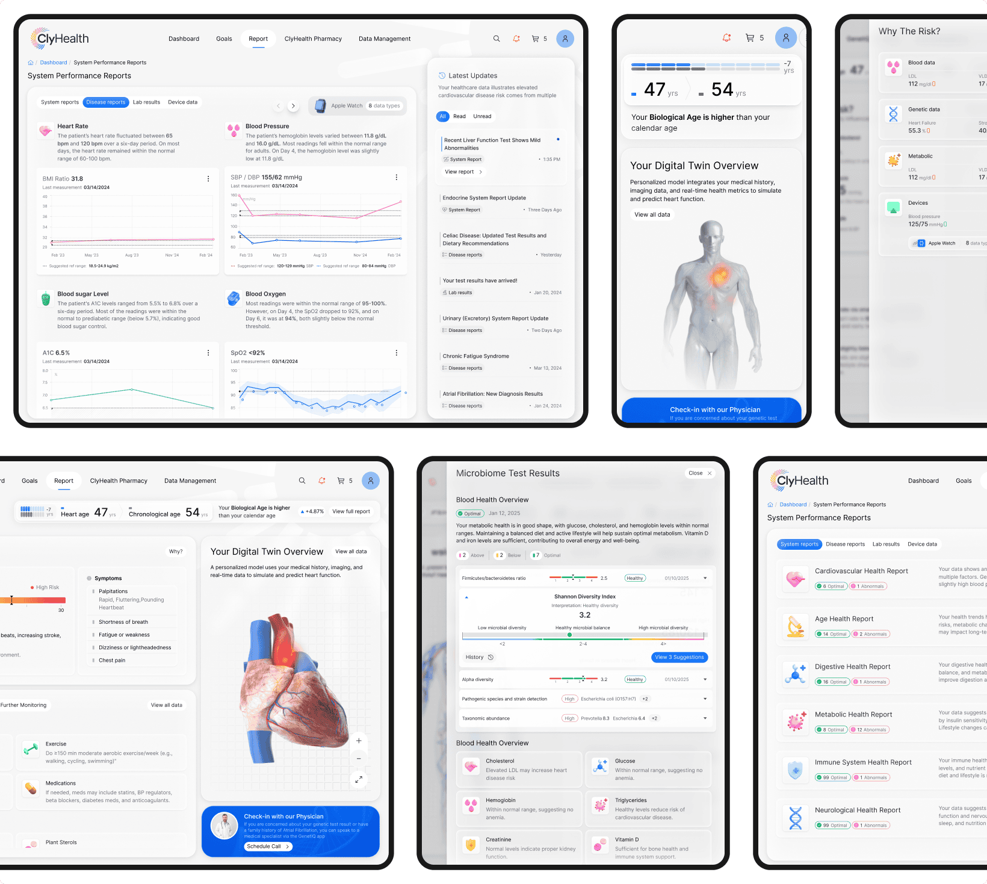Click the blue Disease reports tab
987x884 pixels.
tap(106, 102)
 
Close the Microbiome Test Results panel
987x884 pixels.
tap(700, 473)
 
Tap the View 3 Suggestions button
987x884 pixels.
tap(679, 658)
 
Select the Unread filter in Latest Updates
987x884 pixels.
tap(482, 117)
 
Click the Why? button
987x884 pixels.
tap(176, 552)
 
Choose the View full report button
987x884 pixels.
tap(351, 512)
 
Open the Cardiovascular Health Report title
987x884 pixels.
tap(861, 571)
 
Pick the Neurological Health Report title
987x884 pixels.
tap(858, 811)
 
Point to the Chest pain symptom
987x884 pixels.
tap(112, 661)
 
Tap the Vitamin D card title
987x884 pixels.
tap(627, 840)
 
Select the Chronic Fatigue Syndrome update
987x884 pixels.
tap(476, 356)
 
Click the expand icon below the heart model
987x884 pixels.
tap(359, 780)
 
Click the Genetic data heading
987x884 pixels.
tap(924, 110)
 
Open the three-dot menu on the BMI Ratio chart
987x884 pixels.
tap(208, 179)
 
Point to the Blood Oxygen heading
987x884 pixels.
tap(265, 294)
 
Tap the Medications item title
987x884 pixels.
tap(61, 783)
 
